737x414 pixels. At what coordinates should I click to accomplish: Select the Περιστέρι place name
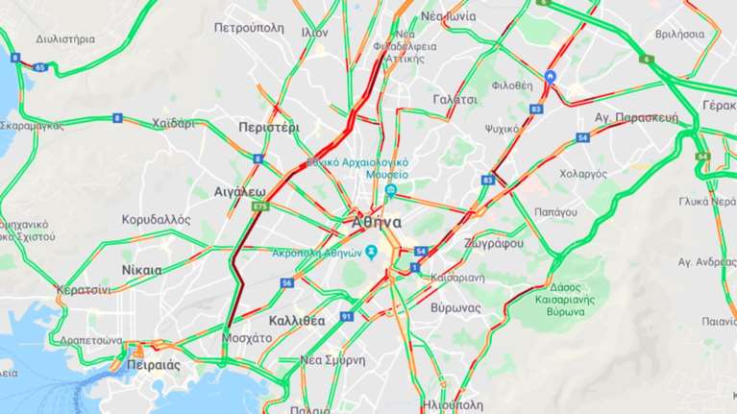tap(268, 127)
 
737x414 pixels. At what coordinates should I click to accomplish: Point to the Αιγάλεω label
tap(239, 192)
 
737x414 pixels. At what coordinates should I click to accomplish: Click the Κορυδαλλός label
tap(156, 219)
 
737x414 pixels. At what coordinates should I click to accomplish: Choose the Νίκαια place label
tap(142, 270)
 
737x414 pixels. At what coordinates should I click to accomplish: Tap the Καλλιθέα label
tap(297, 320)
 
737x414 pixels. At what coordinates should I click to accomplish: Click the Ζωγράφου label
tap(493, 243)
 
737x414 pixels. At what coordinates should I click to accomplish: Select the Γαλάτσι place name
tap(454, 99)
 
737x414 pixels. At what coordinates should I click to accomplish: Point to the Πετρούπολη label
tap(249, 28)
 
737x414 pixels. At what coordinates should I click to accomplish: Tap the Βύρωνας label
tap(455, 307)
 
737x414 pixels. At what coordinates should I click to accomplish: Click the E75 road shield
tap(259, 206)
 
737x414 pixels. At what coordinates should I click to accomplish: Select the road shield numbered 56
tap(287, 282)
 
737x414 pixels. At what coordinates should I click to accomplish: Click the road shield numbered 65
tap(39, 67)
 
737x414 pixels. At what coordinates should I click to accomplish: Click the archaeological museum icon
tap(391, 190)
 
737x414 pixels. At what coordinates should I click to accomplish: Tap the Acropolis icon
tap(371, 253)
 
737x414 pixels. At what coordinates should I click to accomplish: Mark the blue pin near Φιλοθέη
tap(550, 76)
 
